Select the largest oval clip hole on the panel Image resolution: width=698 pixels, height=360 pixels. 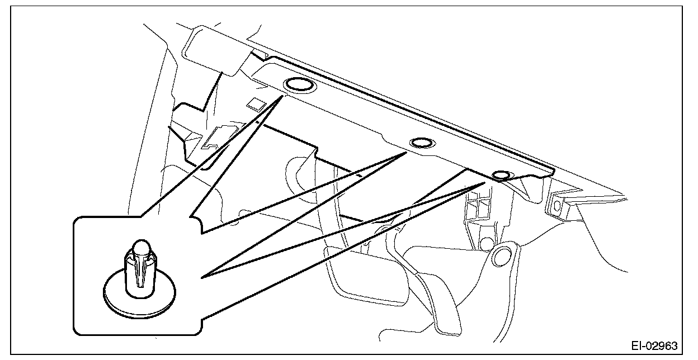[x=299, y=86]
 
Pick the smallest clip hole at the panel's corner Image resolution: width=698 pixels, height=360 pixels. [x=502, y=176]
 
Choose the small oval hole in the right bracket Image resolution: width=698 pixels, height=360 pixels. [x=557, y=205]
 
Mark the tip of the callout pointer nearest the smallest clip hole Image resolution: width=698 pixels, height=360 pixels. [x=484, y=182]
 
